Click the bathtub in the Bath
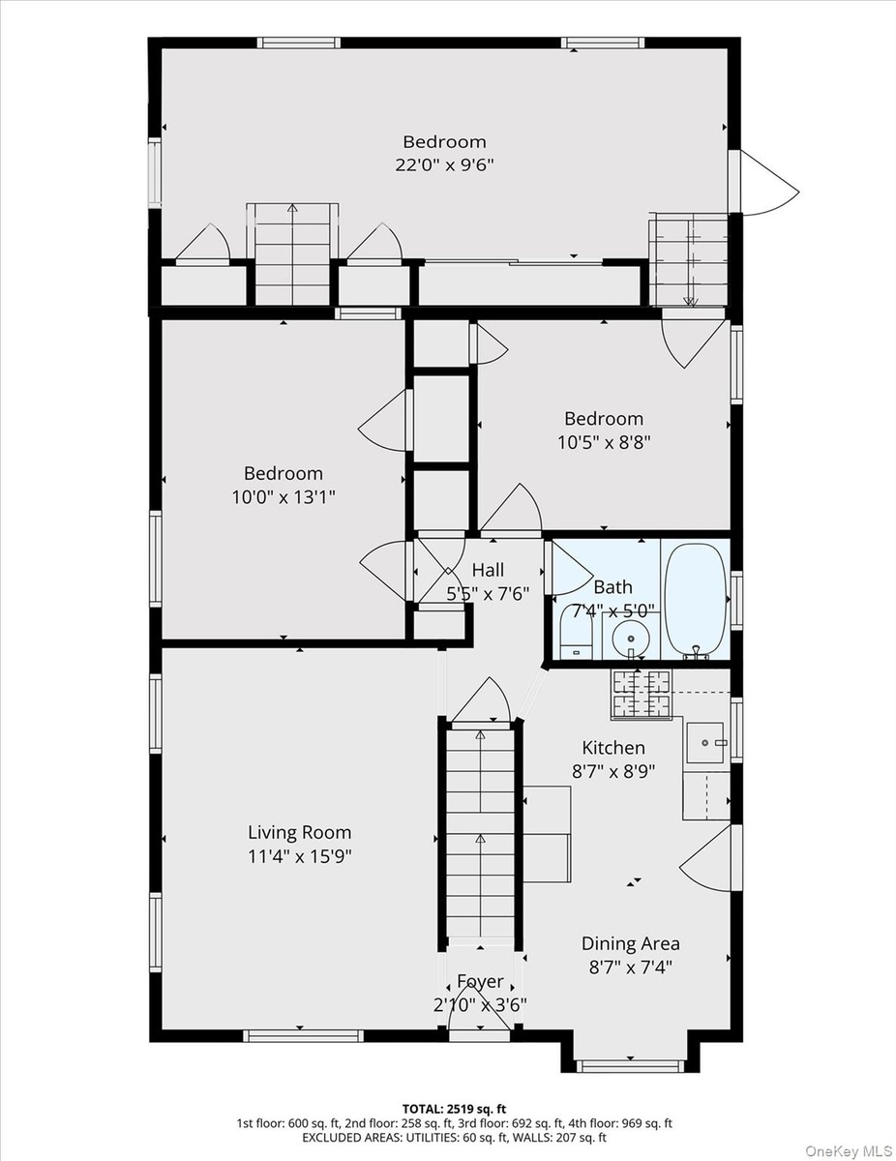tap(696, 601)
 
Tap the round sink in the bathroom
tap(631, 638)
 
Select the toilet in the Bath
tap(576, 633)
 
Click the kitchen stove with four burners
tap(642, 694)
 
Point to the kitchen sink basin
tap(705, 743)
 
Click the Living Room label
tap(300, 832)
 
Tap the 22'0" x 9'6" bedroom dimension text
tap(444, 165)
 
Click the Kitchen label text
tap(613, 748)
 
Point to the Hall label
tap(488, 570)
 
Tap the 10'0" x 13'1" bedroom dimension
tap(284, 497)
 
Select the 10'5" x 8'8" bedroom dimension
tap(605, 442)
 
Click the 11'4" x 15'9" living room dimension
tap(300, 856)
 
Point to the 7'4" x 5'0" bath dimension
tap(612, 610)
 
